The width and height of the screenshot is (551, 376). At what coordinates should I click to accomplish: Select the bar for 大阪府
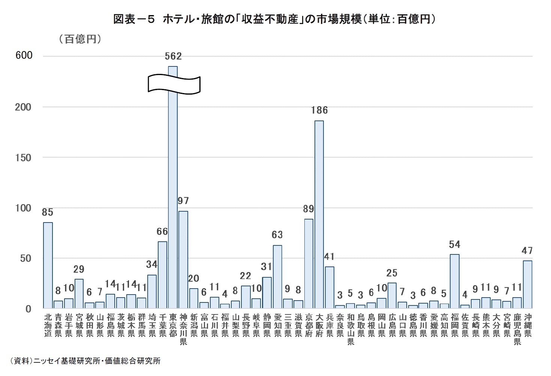319,214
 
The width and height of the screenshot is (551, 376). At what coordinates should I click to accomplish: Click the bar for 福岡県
454,281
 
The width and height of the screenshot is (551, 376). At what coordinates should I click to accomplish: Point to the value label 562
173,56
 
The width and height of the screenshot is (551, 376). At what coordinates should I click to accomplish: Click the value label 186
319,110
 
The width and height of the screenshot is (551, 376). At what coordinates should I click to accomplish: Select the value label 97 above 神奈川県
183,201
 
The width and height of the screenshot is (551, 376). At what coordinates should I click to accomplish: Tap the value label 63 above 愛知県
277,235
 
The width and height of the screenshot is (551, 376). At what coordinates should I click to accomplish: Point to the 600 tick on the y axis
24,56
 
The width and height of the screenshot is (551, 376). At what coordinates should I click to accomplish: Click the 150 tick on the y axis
24,158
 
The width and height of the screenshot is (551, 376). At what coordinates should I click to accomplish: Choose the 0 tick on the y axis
28,309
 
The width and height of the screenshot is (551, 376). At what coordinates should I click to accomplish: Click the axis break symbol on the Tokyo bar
174,84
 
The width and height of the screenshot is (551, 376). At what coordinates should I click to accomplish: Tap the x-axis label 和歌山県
350,329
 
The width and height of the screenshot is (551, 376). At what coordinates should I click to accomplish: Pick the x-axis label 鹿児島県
517,329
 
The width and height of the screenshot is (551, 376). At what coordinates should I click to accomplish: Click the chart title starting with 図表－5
275,20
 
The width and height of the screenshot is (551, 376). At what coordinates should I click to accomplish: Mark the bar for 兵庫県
329,287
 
